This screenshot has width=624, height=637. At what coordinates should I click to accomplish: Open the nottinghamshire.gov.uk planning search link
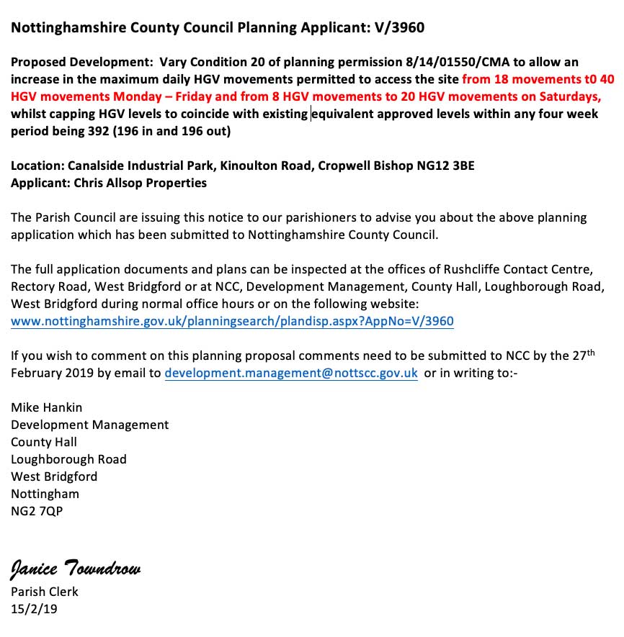[232, 321]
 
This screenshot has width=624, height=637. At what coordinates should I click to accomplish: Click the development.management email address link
[291, 373]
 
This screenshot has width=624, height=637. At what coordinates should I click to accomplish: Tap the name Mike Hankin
[46, 407]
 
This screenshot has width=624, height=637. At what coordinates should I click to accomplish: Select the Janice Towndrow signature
[76, 569]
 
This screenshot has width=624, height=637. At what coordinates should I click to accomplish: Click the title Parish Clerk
[45, 592]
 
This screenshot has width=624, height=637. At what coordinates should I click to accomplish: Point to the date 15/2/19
[34, 609]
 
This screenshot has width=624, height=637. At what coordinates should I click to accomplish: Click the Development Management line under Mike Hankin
[90, 425]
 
